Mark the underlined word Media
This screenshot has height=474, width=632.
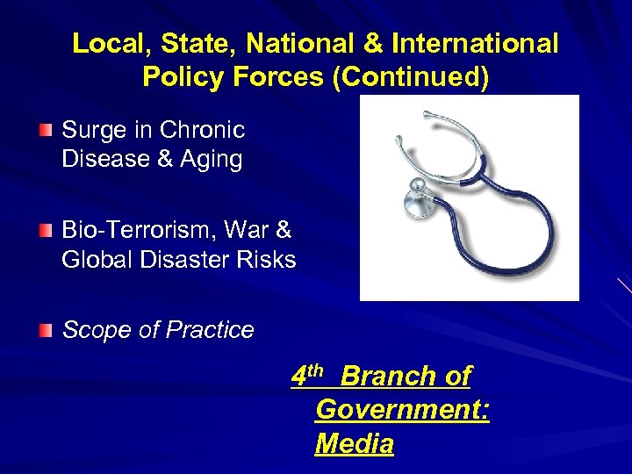click(x=355, y=444)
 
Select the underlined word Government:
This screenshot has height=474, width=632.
click(x=402, y=410)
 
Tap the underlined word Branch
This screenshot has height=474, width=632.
click(x=388, y=377)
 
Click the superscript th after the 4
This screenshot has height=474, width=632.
click(x=317, y=370)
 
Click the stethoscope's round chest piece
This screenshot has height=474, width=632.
click(x=415, y=201)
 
